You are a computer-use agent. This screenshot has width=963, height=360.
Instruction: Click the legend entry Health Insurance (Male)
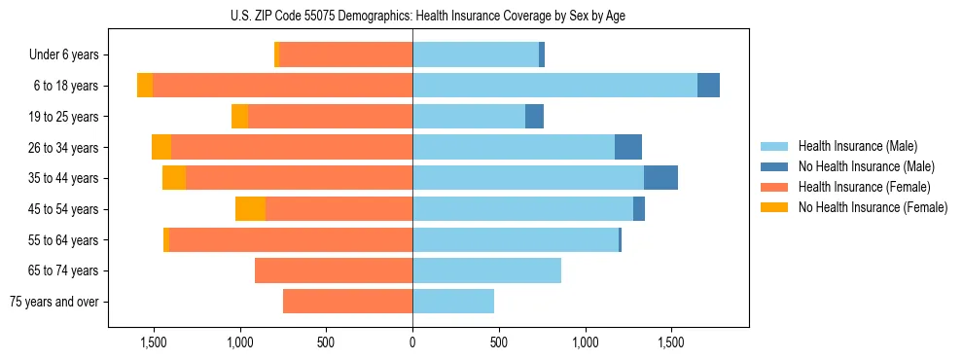click(857, 146)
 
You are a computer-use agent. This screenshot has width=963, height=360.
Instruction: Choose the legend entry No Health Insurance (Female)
click(873, 207)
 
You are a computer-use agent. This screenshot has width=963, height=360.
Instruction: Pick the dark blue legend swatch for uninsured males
click(775, 166)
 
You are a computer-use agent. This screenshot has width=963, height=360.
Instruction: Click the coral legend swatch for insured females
click(775, 187)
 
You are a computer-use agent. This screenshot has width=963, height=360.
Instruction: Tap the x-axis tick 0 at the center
click(412, 342)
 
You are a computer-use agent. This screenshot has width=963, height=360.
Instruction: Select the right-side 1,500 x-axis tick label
click(671, 342)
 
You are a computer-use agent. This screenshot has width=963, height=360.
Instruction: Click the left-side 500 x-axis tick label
click(326, 342)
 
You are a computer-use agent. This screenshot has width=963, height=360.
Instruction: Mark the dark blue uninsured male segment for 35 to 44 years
click(660, 178)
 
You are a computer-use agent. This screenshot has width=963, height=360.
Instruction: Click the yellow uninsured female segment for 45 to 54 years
click(250, 209)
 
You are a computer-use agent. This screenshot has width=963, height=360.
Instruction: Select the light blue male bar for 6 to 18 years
click(554, 86)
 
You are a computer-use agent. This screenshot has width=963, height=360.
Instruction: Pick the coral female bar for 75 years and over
click(347, 302)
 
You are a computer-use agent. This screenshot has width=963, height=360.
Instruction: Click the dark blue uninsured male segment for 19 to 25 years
click(534, 117)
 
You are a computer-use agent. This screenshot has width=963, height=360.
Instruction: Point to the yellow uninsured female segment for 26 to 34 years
click(161, 147)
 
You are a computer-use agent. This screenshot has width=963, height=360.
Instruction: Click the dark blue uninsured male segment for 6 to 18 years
click(708, 86)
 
